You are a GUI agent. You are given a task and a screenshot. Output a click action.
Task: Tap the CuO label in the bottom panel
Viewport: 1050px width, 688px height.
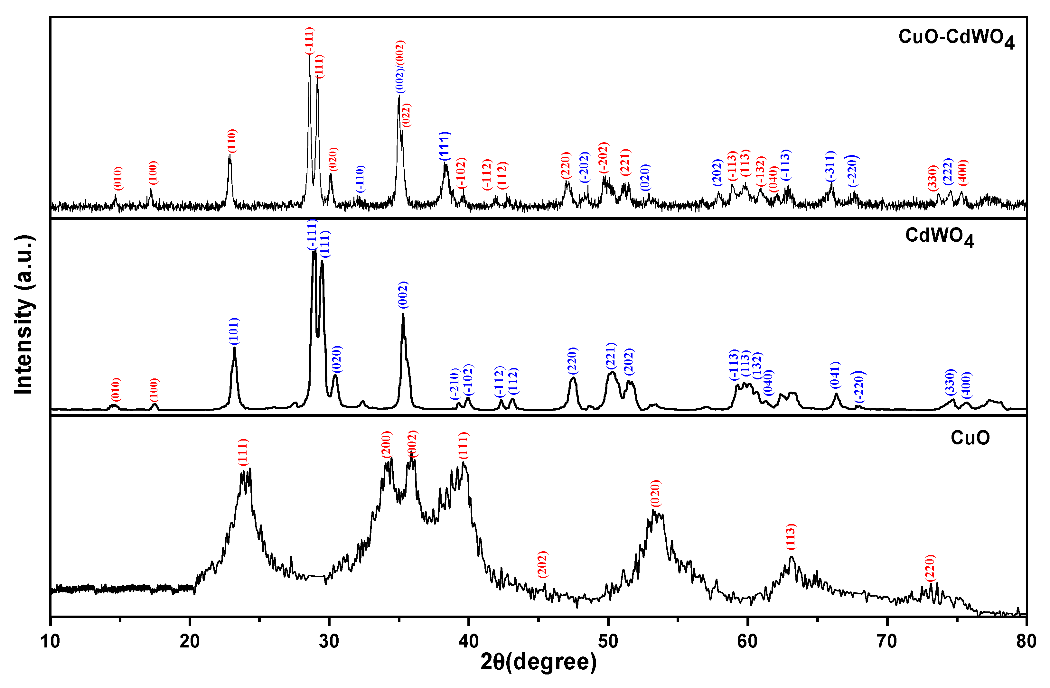pos(970,438)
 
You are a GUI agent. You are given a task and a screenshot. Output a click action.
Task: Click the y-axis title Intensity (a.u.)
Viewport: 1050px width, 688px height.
pos(24,315)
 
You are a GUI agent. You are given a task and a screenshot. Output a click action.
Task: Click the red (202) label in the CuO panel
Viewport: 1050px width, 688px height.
pos(543,564)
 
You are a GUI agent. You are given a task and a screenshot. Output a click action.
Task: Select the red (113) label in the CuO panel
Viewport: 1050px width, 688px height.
pos(792,537)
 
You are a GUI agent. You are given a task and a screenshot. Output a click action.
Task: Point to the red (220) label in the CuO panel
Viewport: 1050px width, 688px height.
pos(930,569)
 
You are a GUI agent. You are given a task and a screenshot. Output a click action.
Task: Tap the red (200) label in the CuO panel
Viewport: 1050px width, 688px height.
pos(386,445)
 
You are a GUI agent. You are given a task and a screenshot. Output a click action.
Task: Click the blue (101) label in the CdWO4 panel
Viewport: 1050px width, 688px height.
pos(234,331)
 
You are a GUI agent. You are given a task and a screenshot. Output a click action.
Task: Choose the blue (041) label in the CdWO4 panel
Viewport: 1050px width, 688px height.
pos(836,375)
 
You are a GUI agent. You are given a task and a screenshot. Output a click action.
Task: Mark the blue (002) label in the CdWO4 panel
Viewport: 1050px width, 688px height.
pos(403,295)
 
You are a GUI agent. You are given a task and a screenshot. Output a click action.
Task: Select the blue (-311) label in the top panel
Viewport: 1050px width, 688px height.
pos(831,166)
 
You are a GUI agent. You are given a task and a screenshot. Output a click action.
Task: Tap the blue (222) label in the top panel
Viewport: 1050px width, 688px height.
pos(948,172)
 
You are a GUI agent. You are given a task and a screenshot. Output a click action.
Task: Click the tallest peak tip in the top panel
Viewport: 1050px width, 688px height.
pos(309,56)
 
